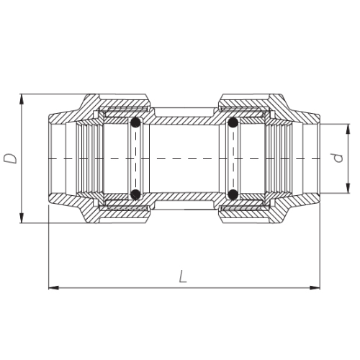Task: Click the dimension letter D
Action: [11, 158]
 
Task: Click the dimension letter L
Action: [183, 276]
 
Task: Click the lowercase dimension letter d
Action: [338, 158]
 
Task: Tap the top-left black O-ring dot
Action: [135, 122]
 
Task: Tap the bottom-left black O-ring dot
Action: [135, 194]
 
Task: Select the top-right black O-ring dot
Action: [233, 122]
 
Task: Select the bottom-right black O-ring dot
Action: [233, 194]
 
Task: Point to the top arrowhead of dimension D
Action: [22, 99]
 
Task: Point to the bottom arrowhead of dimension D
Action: [22, 218]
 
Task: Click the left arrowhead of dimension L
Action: [53, 287]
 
